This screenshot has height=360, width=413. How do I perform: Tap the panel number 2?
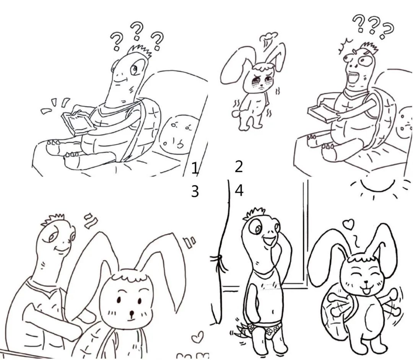click(x=239, y=167)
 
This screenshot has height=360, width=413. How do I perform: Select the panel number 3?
click(x=195, y=191)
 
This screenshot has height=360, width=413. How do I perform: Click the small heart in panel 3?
click(x=197, y=337)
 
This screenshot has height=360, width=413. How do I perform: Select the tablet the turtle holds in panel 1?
click(x=78, y=123)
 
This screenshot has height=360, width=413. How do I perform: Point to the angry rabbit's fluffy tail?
click(x=236, y=113)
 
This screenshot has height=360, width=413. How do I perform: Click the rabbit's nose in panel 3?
click(x=131, y=313)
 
